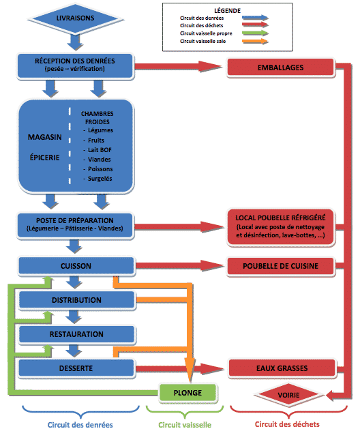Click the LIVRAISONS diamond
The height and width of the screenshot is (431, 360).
pos(75,18)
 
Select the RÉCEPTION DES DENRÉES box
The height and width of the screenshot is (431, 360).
pos(75,66)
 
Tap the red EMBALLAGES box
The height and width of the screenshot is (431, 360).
pos(281,68)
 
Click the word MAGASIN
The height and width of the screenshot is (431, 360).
pos(45,137)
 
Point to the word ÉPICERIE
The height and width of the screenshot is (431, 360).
pos(45,158)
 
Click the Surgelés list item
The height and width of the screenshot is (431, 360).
pos(97,179)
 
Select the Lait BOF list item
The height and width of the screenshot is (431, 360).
pos(97,150)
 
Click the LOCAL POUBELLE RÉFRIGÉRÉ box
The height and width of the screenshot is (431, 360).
pos(281,227)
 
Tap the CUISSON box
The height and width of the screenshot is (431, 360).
pos(76,266)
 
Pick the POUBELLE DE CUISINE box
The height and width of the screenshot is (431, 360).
pos(281,266)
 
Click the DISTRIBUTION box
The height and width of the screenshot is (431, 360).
pos(76,300)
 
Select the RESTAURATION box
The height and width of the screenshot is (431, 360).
pos(76,334)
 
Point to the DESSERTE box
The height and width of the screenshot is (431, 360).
pos(76,368)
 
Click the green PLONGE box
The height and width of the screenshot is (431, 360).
pos(188,393)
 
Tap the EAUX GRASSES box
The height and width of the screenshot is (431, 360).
pos(282,368)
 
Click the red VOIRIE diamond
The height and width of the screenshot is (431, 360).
pos(288,395)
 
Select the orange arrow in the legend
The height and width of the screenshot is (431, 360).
pos(255,42)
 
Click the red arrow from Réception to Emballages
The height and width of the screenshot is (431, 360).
pos(178,66)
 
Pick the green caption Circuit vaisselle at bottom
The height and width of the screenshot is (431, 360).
pos(185,425)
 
